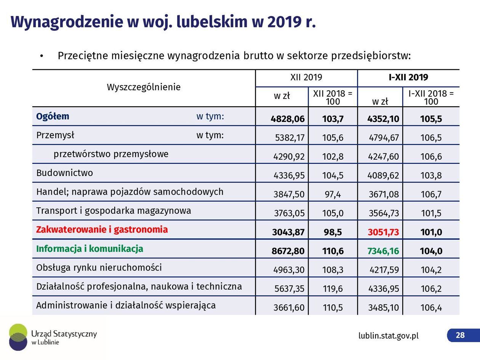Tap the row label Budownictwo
click(x=64, y=173)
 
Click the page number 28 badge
click(x=460, y=335)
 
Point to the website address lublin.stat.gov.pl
click(x=388, y=336)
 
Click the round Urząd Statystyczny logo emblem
click(x=18, y=337)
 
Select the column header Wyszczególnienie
click(x=144, y=87)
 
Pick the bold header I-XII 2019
click(x=408, y=78)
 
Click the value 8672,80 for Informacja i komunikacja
click(x=288, y=251)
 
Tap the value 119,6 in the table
click(x=333, y=289)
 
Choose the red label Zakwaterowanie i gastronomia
click(x=102, y=230)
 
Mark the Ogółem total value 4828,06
click(x=288, y=119)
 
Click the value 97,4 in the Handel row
click(x=333, y=194)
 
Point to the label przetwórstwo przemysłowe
click(x=111, y=154)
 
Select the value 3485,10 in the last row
click(x=384, y=307)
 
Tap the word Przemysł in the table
click(x=55, y=135)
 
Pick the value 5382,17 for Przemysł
click(x=290, y=138)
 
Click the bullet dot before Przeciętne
click(x=42, y=56)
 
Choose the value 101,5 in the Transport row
click(x=431, y=213)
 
